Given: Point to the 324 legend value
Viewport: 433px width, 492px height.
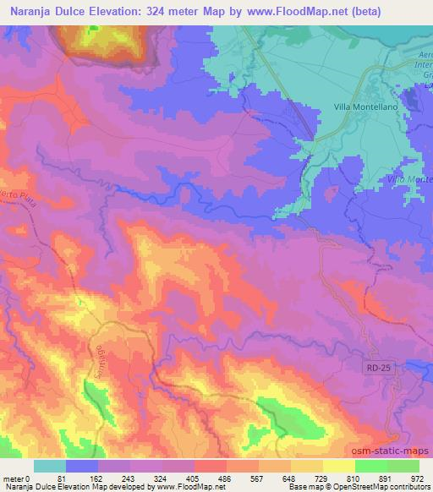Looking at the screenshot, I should (x=162, y=478).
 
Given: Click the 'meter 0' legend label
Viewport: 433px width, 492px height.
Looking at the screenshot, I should (x=19, y=478).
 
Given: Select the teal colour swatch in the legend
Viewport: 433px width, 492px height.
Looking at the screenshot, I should (x=50, y=466).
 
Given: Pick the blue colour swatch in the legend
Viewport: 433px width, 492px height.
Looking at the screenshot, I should (x=82, y=466).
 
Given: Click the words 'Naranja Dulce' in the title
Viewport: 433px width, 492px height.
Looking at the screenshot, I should (x=48, y=12).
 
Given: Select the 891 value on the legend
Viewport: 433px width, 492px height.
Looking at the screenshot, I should (x=386, y=478).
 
